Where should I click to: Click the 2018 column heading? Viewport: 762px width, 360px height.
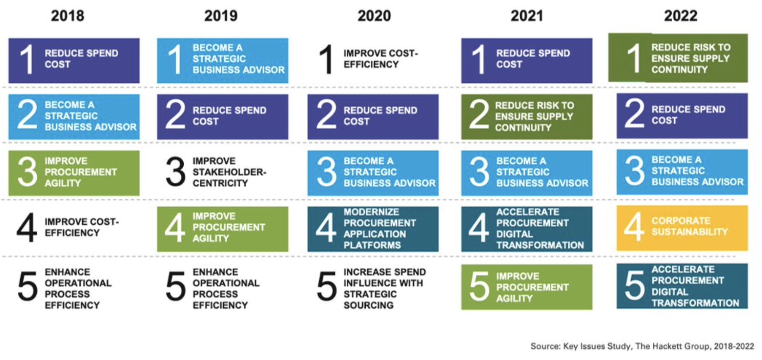[67, 16]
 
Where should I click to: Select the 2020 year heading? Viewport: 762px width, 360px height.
[374, 16]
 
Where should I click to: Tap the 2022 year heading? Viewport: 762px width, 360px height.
[681, 16]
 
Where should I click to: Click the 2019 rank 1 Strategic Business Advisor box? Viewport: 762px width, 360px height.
[223, 60]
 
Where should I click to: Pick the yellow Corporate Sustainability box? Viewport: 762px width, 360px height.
[682, 228]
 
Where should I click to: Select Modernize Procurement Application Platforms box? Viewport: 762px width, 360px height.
[373, 229]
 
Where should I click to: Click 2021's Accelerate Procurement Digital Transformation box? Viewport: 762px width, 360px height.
[527, 229]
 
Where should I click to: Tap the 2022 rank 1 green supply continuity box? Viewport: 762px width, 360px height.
[678, 58]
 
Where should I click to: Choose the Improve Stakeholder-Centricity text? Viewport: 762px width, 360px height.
[229, 172]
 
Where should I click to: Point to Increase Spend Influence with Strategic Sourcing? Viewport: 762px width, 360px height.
[384, 288]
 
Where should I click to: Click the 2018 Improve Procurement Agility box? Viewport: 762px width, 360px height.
[74, 173]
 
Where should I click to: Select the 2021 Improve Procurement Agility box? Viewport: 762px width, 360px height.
[527, 287]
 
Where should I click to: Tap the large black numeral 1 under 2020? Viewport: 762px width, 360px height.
[326, 59]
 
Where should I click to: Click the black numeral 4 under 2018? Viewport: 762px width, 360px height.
[27, 228]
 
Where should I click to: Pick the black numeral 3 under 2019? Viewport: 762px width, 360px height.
[175, 172]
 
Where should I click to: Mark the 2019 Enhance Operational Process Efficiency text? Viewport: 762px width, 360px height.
[226, 288]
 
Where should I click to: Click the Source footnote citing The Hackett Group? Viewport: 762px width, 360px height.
[642, 346]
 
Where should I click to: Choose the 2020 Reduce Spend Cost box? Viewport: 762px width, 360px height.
[373, 116]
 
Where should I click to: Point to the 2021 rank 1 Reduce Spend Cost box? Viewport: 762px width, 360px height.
[527, 60]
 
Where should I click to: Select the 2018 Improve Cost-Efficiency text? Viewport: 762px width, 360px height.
[81, 228]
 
